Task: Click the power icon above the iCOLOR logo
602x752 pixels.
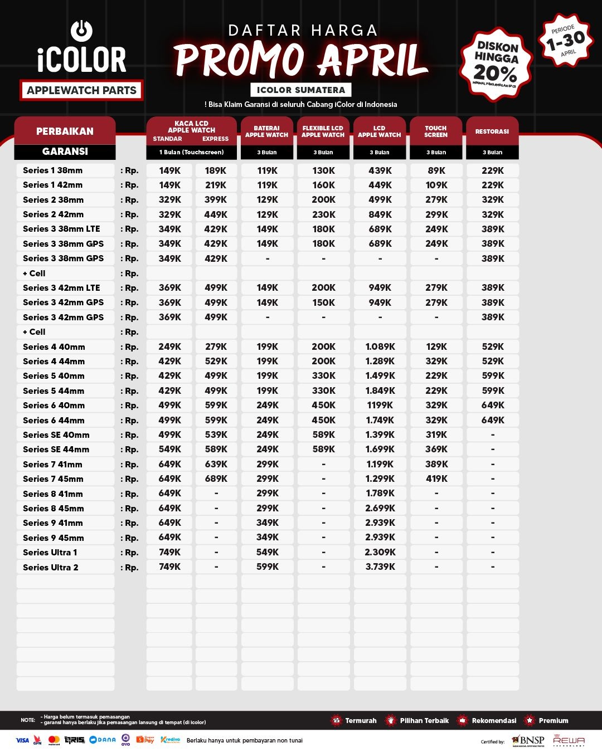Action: pyautogui.click(x=81, y=31)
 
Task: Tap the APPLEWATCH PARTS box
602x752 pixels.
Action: pyautogui.click(x=81, y=90)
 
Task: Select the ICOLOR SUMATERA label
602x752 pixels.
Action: pyautogui.click(x=300, y=90)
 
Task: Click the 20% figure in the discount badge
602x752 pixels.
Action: pyautogui.click(x=495, y=72)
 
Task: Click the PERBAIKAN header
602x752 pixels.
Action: pyautogui.click(x=65, y=131)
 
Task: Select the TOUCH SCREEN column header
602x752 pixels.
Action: pyautogui.click(x=436, y=131)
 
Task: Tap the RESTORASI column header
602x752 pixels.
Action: pyautogui.click(x=492, y=131)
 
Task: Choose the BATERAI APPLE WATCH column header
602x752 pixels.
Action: pyautogui.click(x=266, y=131)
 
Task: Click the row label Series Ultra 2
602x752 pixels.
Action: pyautogui.click(x=51, y=567)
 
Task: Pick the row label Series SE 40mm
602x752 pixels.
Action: pyautogui.click(x=56, y=434)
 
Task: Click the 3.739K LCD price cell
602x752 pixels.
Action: pyautogui.click(x=380, y=567)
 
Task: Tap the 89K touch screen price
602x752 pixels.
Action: pyautogui.click(x=436, y=170)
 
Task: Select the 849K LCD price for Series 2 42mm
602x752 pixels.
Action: pyautogui.click(x=380, y=214)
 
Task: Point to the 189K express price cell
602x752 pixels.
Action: pyautogui.click(x=216, y=170)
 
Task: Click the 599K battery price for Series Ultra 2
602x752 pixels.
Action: pyautogui.click(x=268, y=567)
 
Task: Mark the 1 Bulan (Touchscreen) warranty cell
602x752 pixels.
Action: pyautogui.click(x=191, y=152)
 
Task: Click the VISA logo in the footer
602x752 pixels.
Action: pyautogui.click(x=22, y=740)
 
